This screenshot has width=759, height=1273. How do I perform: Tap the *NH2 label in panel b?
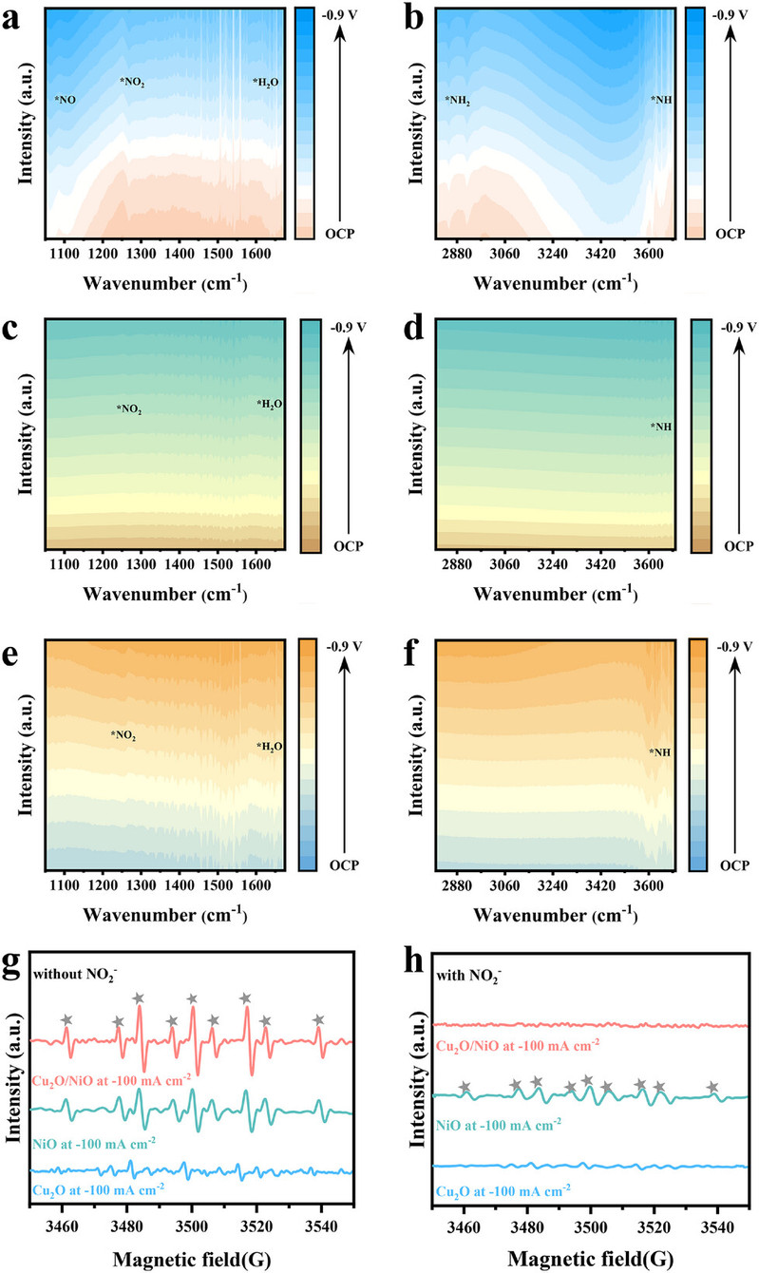tap(460, 99)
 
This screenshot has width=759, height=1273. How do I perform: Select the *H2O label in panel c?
tap(269, 404)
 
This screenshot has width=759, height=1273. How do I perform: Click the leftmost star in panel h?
tap(465, 1087)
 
